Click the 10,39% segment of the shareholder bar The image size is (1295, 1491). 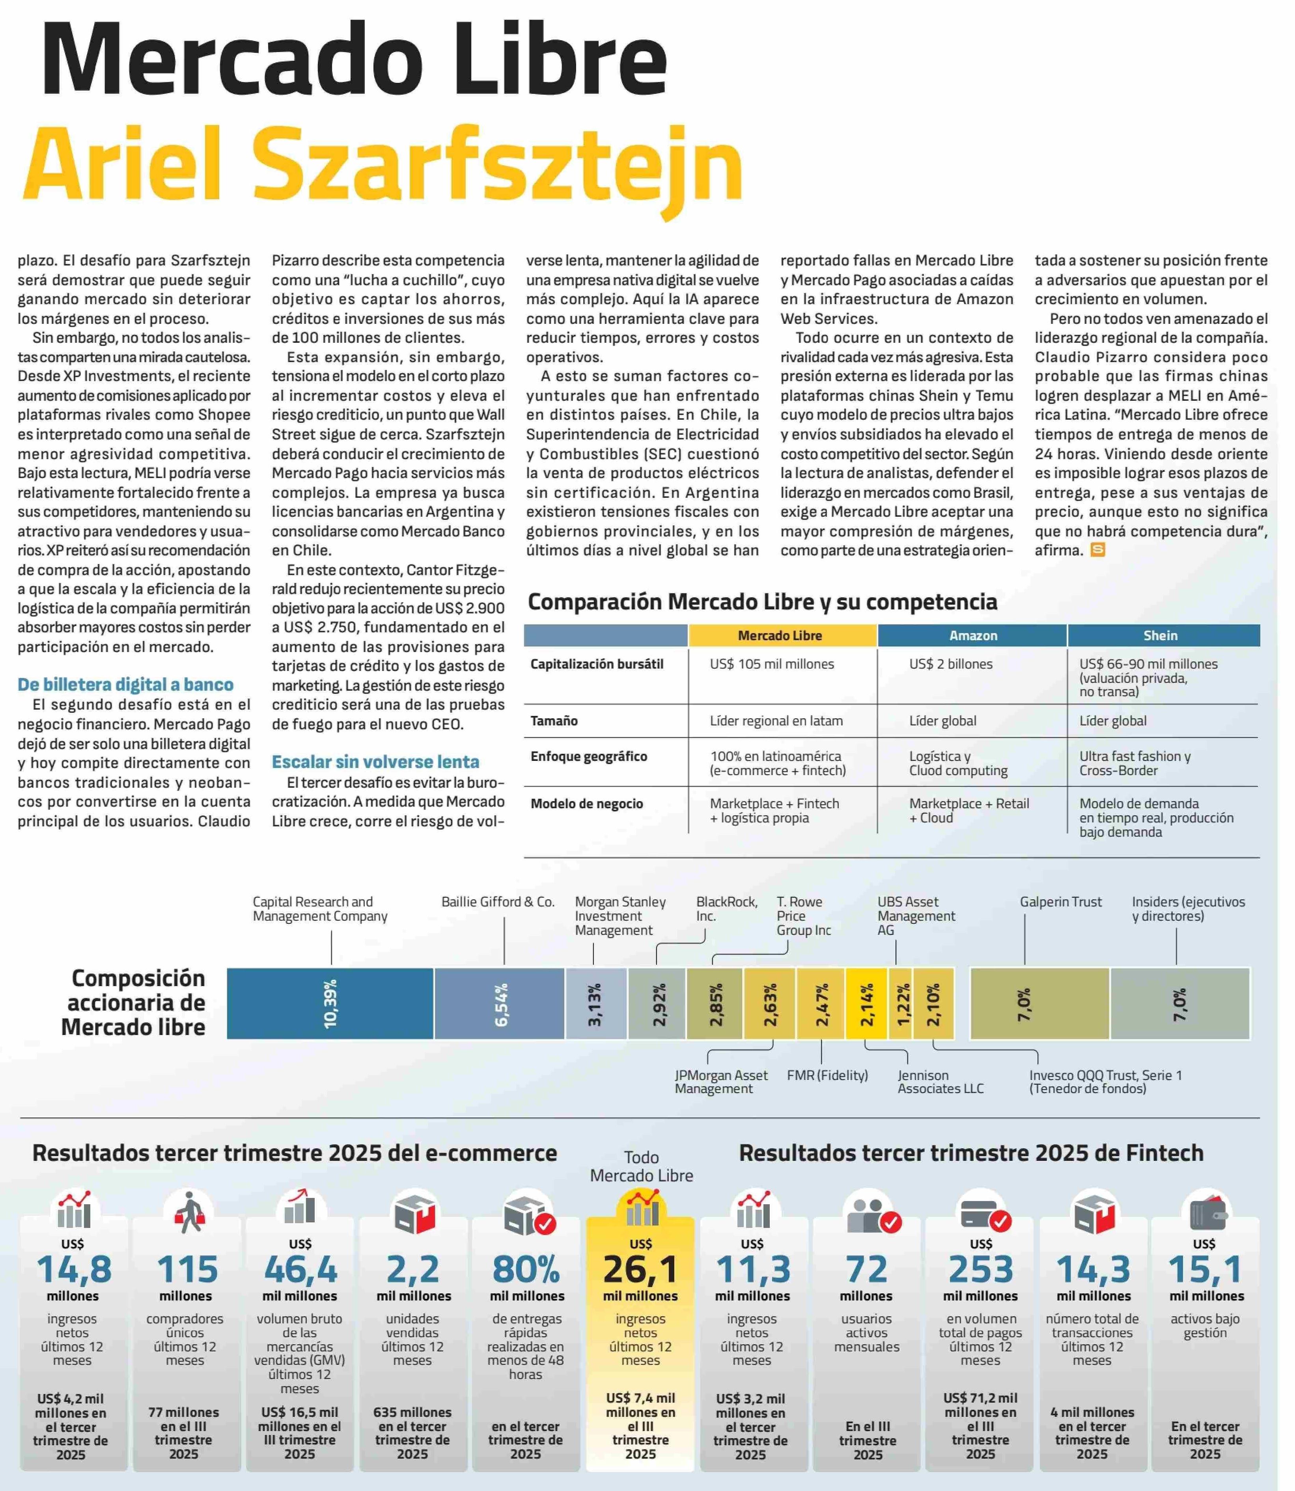click(330, 1003)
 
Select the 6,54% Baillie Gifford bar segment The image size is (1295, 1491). click(499, 1003)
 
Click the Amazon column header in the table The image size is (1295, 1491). click(973, 635)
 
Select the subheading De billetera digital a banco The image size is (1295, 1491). click(125, 684)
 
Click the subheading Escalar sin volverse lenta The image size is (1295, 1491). click(375, 762)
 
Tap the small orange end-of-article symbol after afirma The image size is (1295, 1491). click(1097, 550)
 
